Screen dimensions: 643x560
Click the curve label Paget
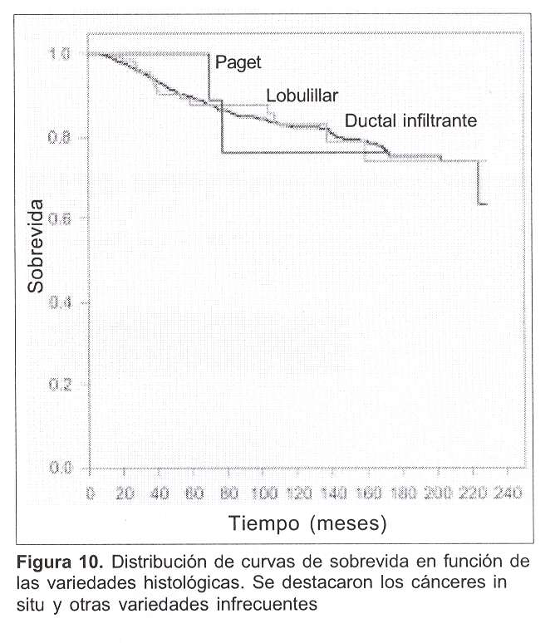[x=238, y=62]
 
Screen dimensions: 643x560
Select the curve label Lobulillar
[x=297, y=96]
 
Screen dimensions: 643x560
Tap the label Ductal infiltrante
[x=410, y=120]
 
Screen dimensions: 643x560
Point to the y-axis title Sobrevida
[x=35, y=252]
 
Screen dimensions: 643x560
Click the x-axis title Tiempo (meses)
[x=308, y=524]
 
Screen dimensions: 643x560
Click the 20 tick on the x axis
[x=125, y=493]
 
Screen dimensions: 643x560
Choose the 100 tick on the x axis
[x=264, y=493]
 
